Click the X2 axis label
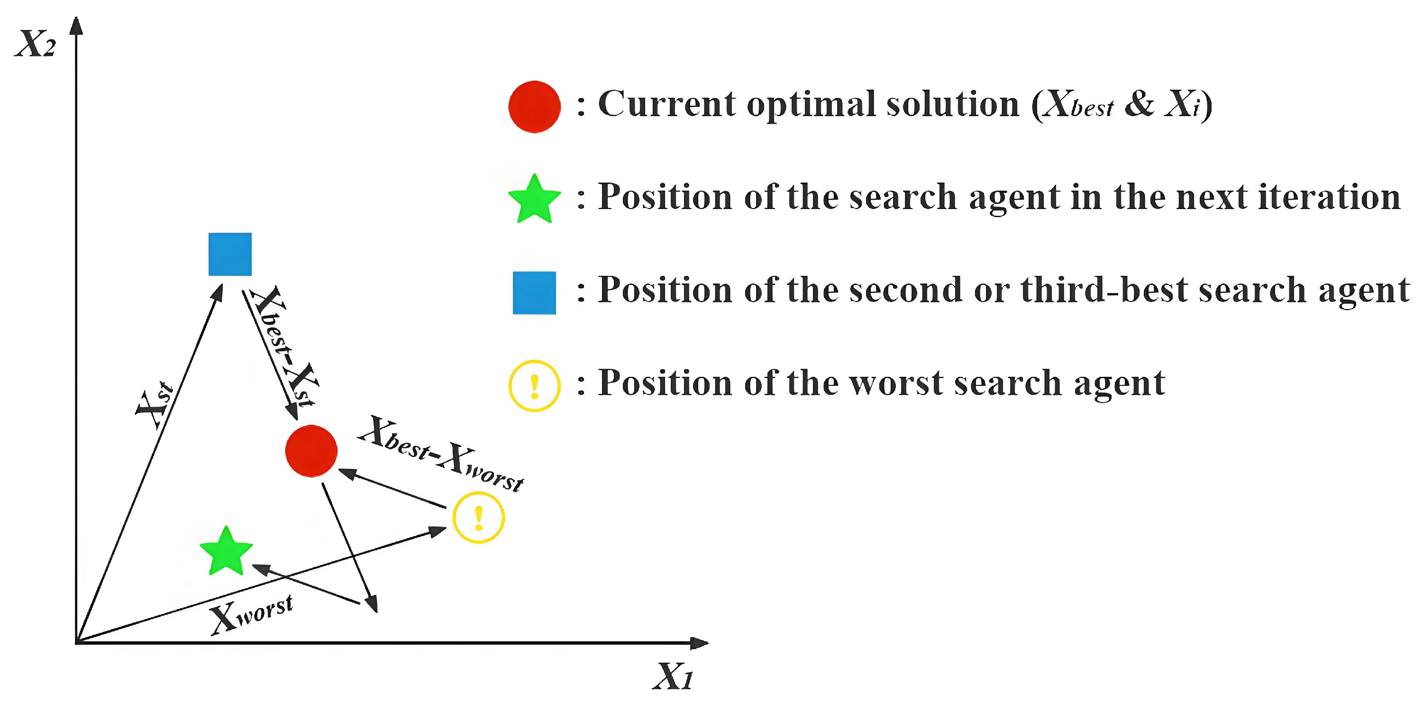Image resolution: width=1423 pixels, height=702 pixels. pos(36,44)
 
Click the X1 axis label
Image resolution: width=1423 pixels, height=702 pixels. pos(673,675)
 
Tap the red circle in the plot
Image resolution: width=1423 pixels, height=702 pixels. pos(311,451)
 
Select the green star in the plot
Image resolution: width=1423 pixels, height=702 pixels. pos(226,552)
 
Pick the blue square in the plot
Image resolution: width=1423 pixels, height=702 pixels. pos(230,254)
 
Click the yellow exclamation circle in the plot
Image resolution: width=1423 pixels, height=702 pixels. pos(478,518)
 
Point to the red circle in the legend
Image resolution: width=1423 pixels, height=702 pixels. pos(534,107)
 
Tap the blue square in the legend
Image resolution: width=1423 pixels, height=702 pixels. pos(534,293)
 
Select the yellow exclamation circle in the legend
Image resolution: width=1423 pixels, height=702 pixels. pos(534,385)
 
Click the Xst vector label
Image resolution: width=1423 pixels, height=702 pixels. pos(155,405)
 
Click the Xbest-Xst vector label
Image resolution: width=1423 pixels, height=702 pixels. pos(283,346)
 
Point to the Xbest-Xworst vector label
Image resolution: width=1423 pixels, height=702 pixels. pos(440,454)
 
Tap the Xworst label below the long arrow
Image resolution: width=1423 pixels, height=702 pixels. pos(251,614)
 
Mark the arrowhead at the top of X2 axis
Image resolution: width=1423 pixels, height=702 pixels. pos(77,26)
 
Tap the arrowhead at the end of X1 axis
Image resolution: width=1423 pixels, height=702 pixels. pos(699,642)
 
